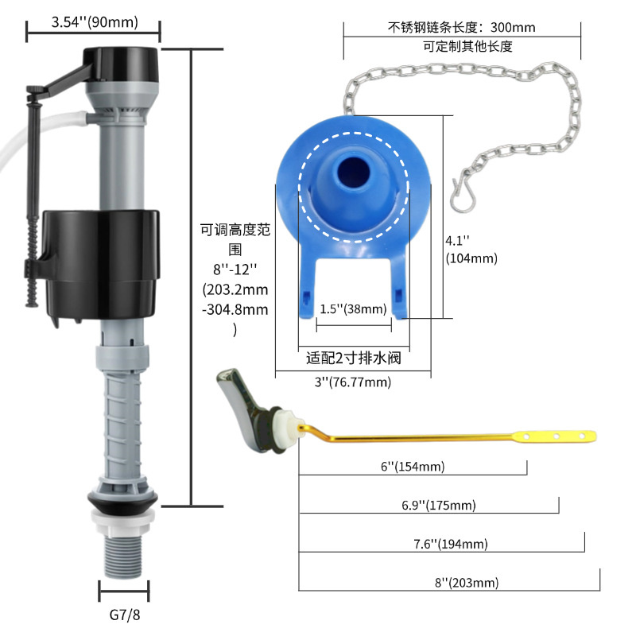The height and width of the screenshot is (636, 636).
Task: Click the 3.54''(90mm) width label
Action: pos(95,22)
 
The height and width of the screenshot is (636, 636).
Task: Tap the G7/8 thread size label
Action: pos(125,615)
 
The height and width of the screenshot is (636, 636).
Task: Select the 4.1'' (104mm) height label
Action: pos(471,249)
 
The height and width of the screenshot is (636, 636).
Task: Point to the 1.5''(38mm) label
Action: pos(353,309)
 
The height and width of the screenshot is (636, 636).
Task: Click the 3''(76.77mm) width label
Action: pos(353,382)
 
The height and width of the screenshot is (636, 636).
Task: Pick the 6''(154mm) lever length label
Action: pos(413,466)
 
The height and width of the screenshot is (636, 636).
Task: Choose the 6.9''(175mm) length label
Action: pos(439,505)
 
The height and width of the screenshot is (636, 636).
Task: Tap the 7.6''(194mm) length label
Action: pos(450,544)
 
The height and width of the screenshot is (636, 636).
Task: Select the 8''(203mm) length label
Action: pos(467,583)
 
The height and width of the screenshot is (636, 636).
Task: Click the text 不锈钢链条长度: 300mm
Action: pos(462,27)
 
